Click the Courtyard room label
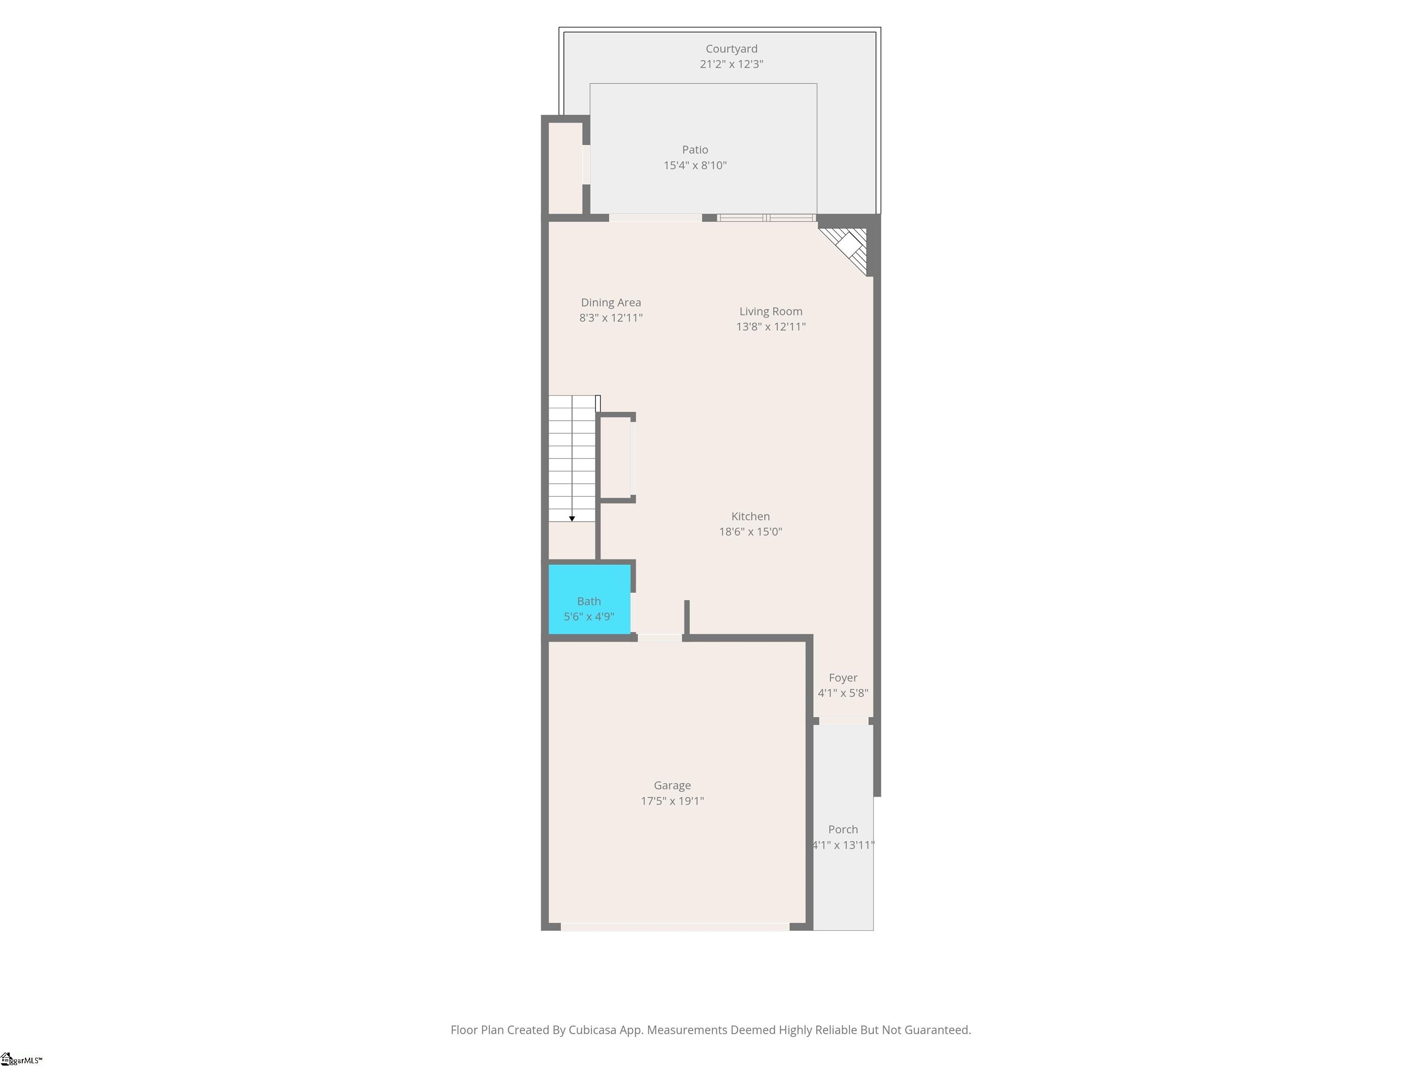coord(731,49)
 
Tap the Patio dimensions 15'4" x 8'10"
coord(695,165)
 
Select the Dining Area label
coord(610,302)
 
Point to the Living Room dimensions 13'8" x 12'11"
coord(770,327)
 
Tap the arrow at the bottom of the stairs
coord(572,518)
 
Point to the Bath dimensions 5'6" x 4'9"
coord(588,616)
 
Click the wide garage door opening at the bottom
coord(674,927)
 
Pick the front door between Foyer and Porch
coord(843,721)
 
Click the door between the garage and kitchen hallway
coord(660,638)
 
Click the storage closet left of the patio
coord(564,167)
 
